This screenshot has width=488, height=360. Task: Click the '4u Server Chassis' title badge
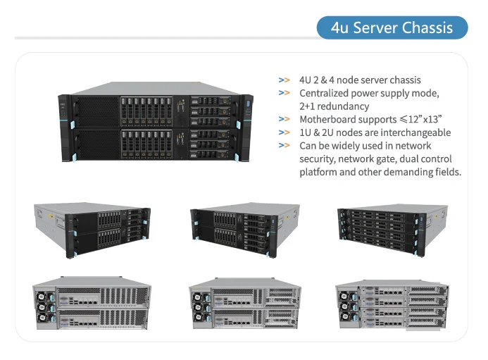pyautogui.click(x=392, y=28)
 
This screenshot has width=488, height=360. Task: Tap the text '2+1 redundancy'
pyautogui.click(x=334, y=106)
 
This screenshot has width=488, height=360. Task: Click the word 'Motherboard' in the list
pyautogui.click(x=329, y=120)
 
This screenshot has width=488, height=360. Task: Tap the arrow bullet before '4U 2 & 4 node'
pyautogui.click(x=284, y=80)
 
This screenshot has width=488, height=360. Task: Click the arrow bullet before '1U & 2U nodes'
pyautogui.click(x=284, y=132)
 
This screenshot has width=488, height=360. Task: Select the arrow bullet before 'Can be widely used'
pyautogui.click(x=284, y=146)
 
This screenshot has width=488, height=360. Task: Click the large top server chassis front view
pyautogui.click(x=156, y=124)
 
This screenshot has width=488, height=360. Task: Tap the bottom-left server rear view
pyautogui.click(x=92, y=304)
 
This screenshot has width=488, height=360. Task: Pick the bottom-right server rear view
pyautogui.click(x=392, y=304)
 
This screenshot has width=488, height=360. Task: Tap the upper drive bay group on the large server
pyautogui.click(x=146, y=110)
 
